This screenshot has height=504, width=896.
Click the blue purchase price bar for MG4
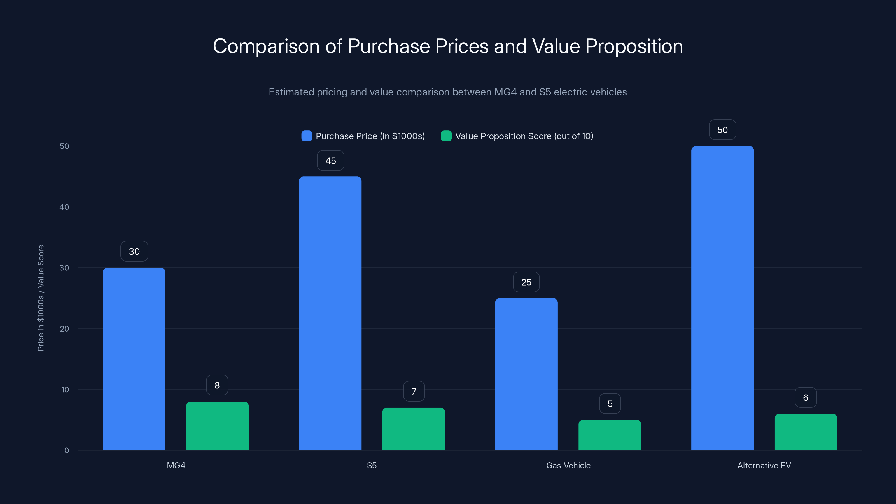[134, 358]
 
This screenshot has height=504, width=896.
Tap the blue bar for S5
[330, 313]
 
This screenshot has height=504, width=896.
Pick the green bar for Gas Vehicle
[609, 435]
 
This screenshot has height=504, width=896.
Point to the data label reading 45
[330, 161]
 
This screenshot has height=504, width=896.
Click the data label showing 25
[526, 282]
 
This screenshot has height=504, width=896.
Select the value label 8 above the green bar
[217, 385]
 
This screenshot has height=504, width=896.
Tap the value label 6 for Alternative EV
[806, 398]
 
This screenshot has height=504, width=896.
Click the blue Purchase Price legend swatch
[306, 136]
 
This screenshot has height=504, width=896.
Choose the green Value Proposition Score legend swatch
[446, 136]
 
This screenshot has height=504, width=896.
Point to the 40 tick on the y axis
[64, 207]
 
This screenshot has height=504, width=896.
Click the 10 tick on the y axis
[65, 389]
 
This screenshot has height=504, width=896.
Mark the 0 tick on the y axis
[66, 451]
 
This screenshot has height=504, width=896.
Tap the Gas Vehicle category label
[568, 465]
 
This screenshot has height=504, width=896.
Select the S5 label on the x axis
[372, 465]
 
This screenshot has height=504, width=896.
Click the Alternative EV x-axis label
[764, 465]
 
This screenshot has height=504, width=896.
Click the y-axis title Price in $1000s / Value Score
[41, 298]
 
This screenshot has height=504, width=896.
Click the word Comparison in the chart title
[266, 46]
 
